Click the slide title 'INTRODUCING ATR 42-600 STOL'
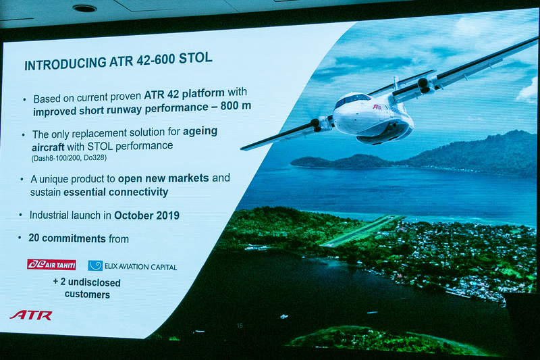click(x=118, y=61)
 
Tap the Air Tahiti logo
click(x=51, y=264)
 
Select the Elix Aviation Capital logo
click(x=132, y=266)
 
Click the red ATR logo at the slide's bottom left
click(x=31, y=315)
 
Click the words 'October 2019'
click(x=146, y=215)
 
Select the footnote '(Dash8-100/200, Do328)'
click(x=69, y=157)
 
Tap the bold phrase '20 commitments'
click(x=67, y=238)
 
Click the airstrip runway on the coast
click(x=361, y=230)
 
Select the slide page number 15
click(x=240, y=326)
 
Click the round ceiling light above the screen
click(x=84, y=8)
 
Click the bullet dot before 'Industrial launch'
click(x=21, y=215)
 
